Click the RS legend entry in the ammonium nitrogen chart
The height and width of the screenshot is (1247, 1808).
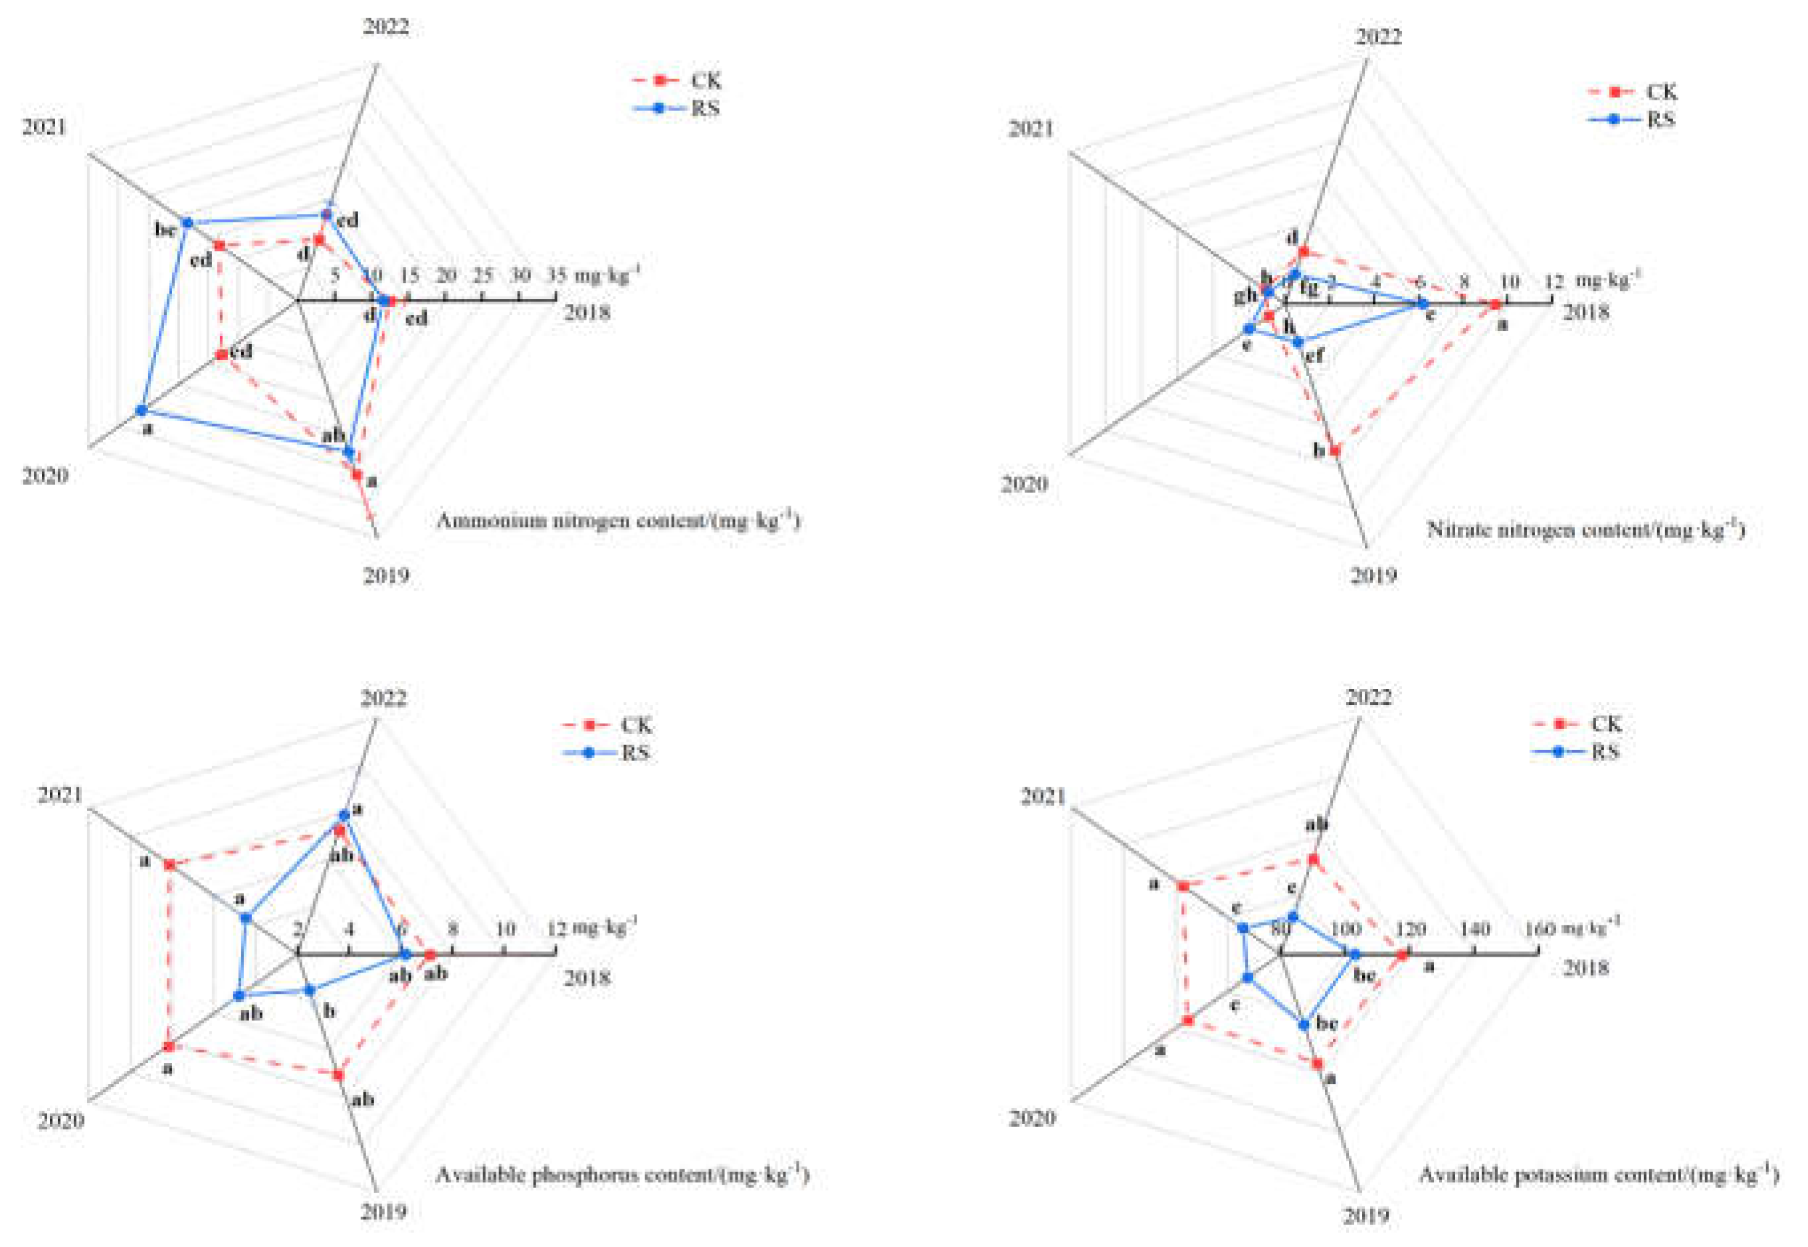click(676, 108)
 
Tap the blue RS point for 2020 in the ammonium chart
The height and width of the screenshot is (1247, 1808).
click(142, 410)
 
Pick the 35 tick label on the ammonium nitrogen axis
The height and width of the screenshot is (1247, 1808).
click(556, 275)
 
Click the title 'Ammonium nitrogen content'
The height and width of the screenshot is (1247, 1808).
click(618, 521)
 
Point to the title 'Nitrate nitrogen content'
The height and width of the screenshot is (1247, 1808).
click(1586, 529)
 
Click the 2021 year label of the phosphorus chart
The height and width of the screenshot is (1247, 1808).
click(60, 795)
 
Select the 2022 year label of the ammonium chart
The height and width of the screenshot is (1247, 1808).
click(385, 27)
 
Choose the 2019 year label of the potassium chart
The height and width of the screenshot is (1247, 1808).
click(1367, 1215)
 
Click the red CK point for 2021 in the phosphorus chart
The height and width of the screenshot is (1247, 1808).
click(169, 864)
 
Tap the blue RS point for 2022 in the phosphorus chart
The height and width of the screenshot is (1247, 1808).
click(344, 816)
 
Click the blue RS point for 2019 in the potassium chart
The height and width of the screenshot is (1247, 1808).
click(1303, 1025)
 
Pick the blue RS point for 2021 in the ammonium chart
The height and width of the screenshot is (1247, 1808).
click(187, 223)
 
